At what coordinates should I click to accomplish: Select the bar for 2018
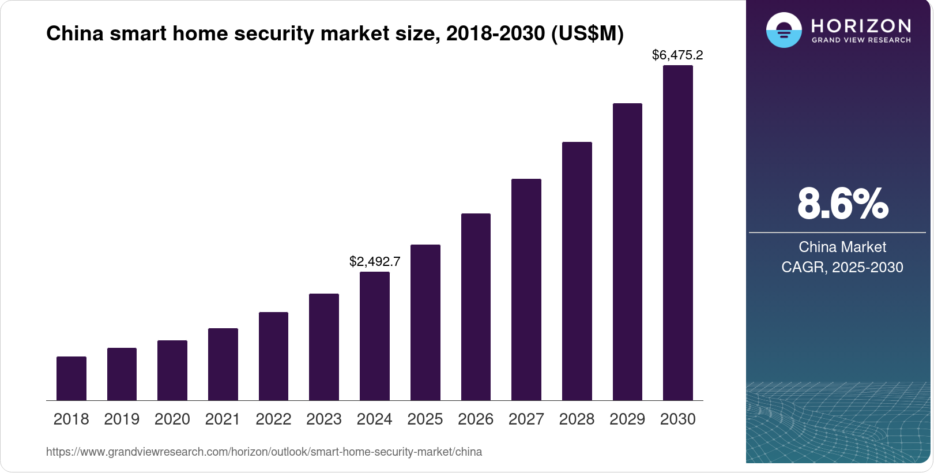tap(71, 378)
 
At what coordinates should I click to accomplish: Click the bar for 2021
tap(223, 364)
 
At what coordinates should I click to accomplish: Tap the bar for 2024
tap(375, 336)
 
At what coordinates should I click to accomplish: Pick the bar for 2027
tap(526, 290)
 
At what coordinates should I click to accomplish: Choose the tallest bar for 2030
tap(678, 232)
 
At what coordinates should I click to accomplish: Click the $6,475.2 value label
tap(677, 55)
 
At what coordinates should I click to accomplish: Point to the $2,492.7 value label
tap(375, 261)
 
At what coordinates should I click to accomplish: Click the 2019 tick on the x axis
tap(122, 419)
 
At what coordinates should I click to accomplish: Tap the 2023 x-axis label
tap(324, 419)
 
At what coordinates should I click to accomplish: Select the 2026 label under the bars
tap(476, 419)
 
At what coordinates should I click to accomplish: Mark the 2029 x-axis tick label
tap(627, 419)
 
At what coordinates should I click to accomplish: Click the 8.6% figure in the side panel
tap(842, 204)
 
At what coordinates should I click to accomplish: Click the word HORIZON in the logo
tap(861, 25)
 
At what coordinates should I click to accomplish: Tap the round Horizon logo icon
tap(784, 30)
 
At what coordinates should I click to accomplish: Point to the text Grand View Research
tap(861, 40)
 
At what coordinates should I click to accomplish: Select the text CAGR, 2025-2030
tap(842, 267)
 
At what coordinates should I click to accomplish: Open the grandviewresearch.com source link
tap(264, 452)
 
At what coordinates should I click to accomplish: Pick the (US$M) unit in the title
tap(587, 33)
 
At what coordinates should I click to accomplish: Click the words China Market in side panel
tap(842, 247)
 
